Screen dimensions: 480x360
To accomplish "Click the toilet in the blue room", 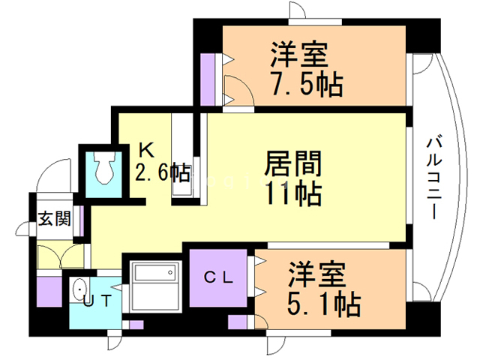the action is [x=104, y=168].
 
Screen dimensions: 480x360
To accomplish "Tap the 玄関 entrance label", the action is [x=55, y=218].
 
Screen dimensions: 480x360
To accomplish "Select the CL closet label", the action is [x=218, y=277].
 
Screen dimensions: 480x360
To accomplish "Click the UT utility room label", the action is [x=97, y=301].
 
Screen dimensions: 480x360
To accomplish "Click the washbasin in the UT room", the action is [x=80, y=289].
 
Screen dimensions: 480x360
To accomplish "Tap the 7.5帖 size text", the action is [x=306, y=84].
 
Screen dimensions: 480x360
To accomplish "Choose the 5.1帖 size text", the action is [x=324, y=304].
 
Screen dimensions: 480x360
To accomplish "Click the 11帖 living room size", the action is [x=294, y=193].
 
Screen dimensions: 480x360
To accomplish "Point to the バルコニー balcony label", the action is [x=434, y=178].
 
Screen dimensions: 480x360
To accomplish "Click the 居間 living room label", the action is [x=293, y=163].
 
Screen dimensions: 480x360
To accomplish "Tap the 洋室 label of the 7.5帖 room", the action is [x=299, y=55].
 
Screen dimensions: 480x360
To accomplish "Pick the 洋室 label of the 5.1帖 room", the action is [x=317, y=274].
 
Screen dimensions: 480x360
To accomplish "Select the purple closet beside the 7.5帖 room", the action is [x=207, y=79].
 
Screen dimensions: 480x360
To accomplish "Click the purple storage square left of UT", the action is [x=49, y=292].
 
